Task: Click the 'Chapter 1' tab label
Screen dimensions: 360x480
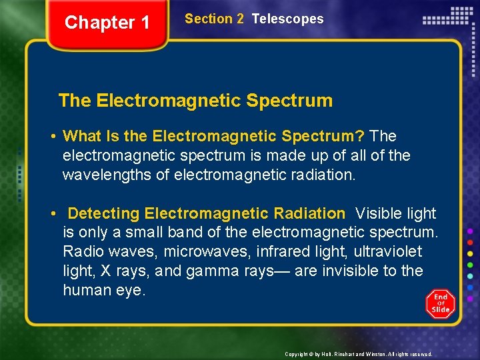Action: (107, 23)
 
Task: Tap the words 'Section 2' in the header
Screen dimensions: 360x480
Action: (214, 19)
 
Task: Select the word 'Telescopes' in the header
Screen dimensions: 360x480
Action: (287, 19)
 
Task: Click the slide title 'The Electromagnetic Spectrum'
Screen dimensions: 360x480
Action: (195, 101)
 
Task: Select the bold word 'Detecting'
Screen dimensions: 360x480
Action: (103, 214)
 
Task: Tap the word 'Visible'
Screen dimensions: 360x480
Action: (378, 214)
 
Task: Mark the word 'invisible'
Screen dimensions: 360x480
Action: (354, 271)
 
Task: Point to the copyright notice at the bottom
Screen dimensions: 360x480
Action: (358, 354)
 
